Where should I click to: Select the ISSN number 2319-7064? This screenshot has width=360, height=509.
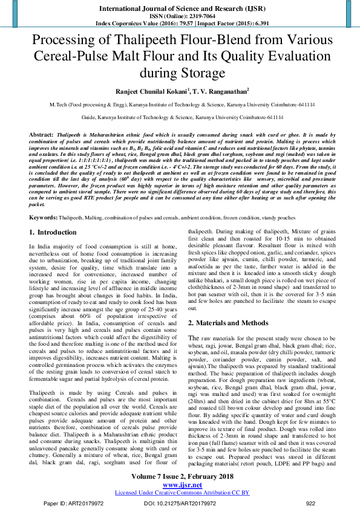[x=194, y=15]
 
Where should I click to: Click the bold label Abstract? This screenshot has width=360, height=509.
[x=41, y=133]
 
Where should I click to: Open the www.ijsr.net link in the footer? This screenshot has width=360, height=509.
[x=180, y=485]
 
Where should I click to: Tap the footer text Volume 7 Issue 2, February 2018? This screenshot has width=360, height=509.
[x=180, y=477]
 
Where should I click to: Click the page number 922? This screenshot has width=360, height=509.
[x=310, y=503]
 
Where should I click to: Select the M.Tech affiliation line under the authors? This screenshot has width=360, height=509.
[x=180, y=105]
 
